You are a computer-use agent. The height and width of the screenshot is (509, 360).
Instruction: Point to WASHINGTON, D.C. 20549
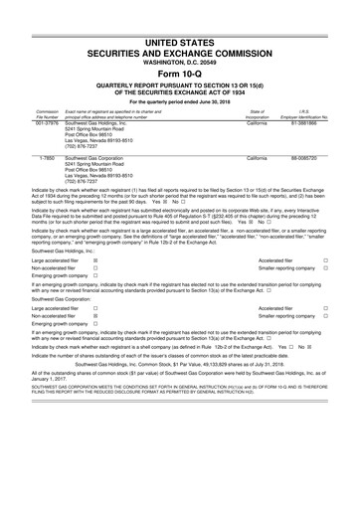179,34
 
